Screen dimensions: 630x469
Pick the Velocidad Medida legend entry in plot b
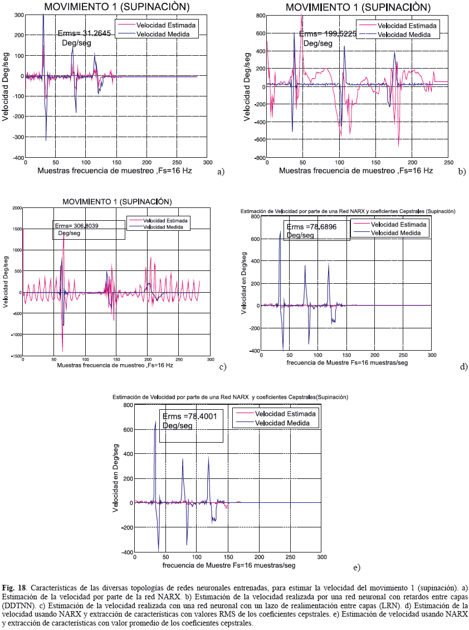tap(400, 35)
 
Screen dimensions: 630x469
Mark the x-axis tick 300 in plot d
tap(431, 355)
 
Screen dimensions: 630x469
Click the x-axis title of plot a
tap(114, 171)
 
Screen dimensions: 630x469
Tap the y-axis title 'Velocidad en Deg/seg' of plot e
tap(115, 479)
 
